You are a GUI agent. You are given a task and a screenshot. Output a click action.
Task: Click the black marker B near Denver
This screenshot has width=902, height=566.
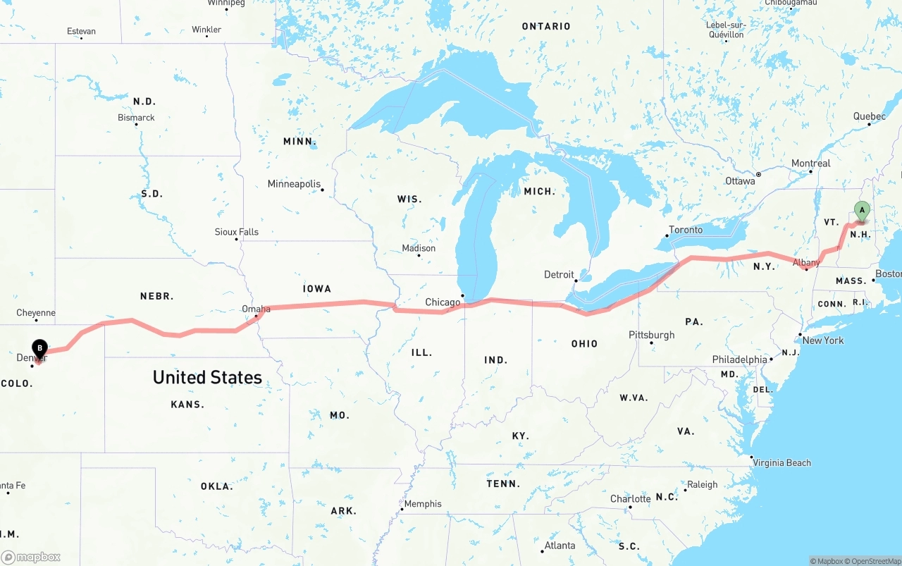coord(40,347)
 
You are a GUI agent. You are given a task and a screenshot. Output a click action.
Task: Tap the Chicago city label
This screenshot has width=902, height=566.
coord(443,302)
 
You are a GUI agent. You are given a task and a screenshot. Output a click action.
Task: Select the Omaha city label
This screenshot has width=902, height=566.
coord(256,309)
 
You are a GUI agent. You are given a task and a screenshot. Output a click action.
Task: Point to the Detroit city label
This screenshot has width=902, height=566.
coord(559,274)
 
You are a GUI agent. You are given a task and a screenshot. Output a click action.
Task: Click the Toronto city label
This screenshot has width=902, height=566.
coord(685,230)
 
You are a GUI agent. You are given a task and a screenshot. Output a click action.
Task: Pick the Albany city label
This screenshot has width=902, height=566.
coord(806,263)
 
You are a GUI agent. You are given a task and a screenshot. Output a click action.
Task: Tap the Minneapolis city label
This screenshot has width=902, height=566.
coord(294,184)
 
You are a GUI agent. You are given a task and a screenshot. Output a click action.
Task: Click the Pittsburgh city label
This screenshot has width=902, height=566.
coord(652,335)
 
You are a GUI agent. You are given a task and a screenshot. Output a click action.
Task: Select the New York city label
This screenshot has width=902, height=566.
coord(823,340)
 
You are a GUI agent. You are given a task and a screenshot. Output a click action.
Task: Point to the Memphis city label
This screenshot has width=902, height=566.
coord(423,504)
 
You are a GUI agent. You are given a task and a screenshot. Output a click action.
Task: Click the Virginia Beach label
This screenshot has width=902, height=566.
coord(781,463)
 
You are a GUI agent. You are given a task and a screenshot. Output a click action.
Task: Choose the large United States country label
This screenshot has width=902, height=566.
coord(207,377)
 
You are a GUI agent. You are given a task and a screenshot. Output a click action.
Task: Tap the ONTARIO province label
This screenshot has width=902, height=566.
coord(546,26)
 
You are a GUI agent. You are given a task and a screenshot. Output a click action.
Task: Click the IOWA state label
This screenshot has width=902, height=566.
coord(317,288)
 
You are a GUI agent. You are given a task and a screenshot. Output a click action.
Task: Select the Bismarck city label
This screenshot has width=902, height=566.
coord(136,118)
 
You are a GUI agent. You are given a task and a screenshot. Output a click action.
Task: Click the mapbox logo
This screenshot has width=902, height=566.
coord(31,557)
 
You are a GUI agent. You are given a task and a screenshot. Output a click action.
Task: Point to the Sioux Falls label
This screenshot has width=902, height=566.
coord(237,232)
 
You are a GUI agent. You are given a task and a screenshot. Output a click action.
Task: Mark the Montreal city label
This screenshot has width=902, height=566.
coord(810,164)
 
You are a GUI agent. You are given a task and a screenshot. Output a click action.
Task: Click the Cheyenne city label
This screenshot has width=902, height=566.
coord(36,313)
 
